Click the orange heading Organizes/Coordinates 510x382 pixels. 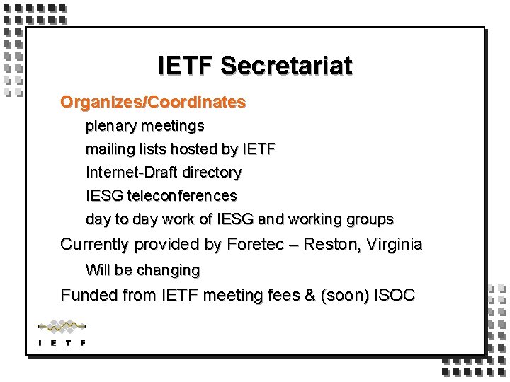153,102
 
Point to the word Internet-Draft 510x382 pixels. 132,172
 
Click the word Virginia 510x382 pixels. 393,245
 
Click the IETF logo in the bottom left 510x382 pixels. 62,332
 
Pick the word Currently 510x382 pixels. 95,245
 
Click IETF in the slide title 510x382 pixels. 186,66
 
